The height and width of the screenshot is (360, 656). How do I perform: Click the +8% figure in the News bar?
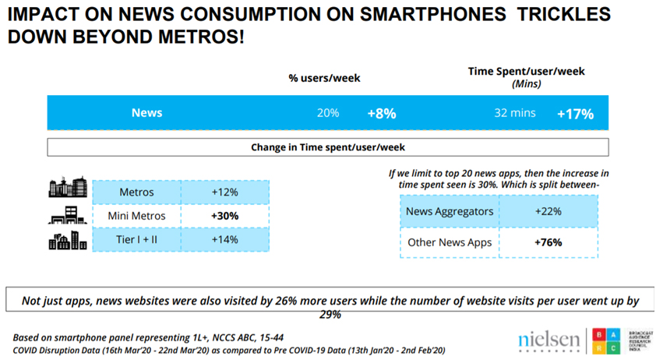tap(382, 113)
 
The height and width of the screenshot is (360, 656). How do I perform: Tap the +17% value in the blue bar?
tap(575, 113)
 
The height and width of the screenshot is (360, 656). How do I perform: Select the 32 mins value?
tap(515, 113)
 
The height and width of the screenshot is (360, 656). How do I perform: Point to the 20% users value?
tap(328, 113)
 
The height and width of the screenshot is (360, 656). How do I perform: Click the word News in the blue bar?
tap(146, 113)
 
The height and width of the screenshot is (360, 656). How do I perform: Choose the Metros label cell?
tap(136, 192)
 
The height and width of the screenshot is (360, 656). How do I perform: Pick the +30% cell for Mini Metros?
tap(224, 216)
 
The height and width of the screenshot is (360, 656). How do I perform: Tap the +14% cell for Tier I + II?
tap(224, 239)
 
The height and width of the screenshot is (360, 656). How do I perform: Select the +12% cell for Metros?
tap(224, 192)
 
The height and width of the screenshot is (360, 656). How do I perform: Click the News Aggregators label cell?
tap(450, 210)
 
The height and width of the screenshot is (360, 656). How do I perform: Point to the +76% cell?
tap(548, 242)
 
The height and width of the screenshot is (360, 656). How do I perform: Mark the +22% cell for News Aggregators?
tap(548, 210)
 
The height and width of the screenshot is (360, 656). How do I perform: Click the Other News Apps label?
tap(450, 242)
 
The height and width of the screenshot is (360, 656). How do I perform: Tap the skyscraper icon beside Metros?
tap(68, 188)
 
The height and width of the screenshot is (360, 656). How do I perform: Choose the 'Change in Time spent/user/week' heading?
tap(327, 146)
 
